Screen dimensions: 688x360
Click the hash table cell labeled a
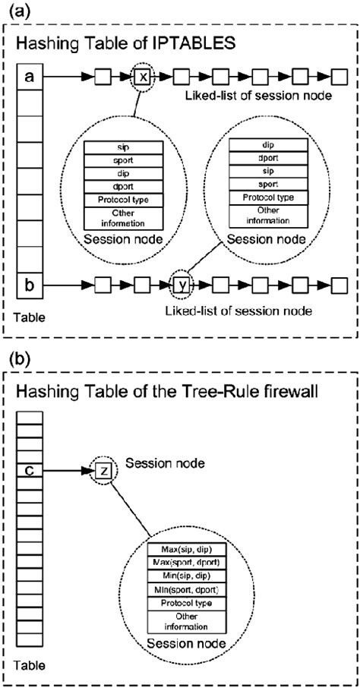[29, 77]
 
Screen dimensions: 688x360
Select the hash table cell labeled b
[29, 286]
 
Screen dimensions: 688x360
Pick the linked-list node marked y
[182, 286]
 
